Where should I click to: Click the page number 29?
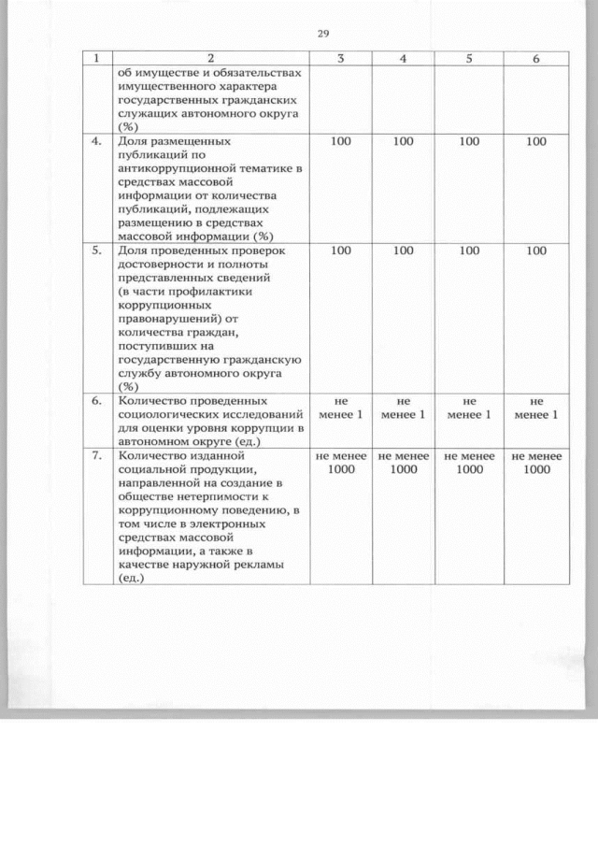(x=323, y=34)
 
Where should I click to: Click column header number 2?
(x=210, y=58)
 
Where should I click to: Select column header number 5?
(x=470, y=58)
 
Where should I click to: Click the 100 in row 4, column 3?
(x=341, y=142)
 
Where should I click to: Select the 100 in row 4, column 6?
(x=536, y=142)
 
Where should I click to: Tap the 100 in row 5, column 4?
(x=404, y=251)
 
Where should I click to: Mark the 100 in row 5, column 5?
(x=470, y=251)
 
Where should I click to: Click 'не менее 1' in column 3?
(x=341, y=408)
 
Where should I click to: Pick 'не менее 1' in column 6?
(x=536, y=408)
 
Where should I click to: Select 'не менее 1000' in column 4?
(x=404, y=463)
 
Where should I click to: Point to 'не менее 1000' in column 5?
(x=470, y=463)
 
